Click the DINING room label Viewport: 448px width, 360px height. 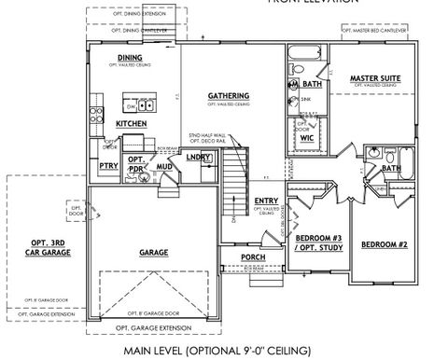point(130,58)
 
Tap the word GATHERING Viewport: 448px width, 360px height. point(229,96)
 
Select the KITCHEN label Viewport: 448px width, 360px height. point(130,123)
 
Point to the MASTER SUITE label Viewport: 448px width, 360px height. point(375,77)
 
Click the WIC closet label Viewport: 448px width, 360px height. point(306,137)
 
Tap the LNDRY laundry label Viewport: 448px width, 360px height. point(198,158)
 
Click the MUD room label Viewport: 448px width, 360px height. point(164,166)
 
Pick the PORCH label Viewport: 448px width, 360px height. point(253,256)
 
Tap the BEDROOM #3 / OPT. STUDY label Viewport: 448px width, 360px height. point(314,242)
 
